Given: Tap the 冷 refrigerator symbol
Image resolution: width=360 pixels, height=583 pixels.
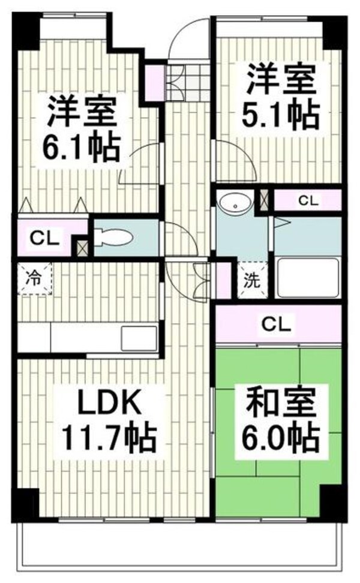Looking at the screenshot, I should coord(34,278).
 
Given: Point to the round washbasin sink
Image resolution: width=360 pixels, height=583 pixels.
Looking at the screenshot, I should coord(236,203).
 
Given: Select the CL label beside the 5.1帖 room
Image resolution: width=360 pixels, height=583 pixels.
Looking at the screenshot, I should coord(308,201).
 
